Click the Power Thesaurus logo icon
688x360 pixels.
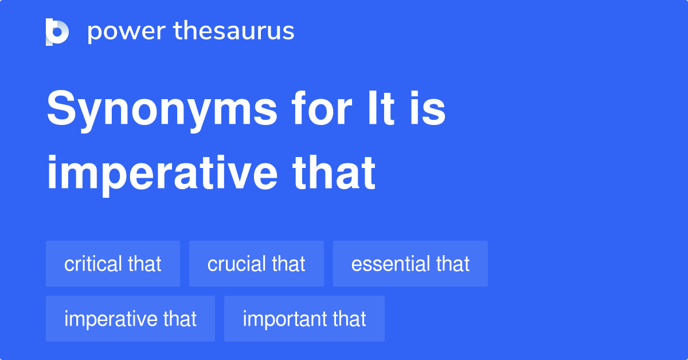[x=57, y=32]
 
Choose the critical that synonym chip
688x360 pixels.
[x=113, y=264]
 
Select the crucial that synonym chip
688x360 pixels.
[x=256, y=264]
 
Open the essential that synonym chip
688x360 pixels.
[x=410, y=264]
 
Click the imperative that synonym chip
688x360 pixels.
[x=130, y=319]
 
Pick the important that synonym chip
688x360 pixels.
[x=304, y=319]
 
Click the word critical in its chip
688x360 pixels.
[x=93, y=264]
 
